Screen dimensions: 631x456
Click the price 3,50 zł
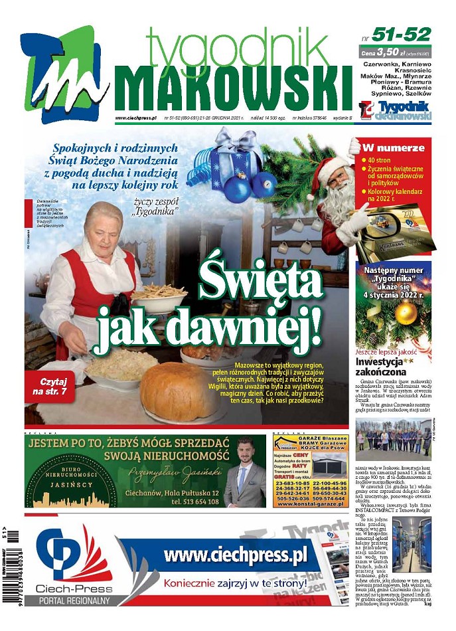pyautogui.click(x=391, y=50)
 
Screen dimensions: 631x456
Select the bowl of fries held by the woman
pyautogui.click(x=160, y=296)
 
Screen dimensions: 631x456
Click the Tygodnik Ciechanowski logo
pyautogui.click(x=395, y=111)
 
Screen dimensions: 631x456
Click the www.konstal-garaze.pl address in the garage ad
pyautogui.click(x=311, y=504)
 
